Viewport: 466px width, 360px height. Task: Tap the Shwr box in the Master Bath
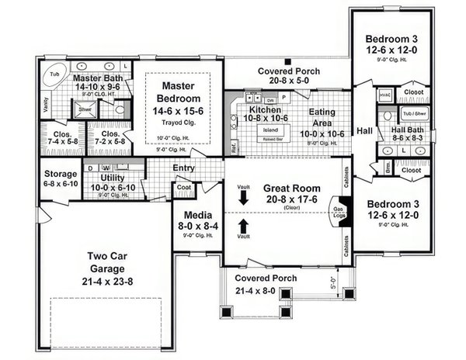pyautogui.click(x=85, y=110)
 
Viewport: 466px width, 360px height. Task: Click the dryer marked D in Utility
pyautogui.click(x=92, y=167)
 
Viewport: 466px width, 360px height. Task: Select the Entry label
pyautogui.click(x=184, y=168)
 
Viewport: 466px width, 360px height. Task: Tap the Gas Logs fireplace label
pyautogui.click(x=339, y=213)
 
